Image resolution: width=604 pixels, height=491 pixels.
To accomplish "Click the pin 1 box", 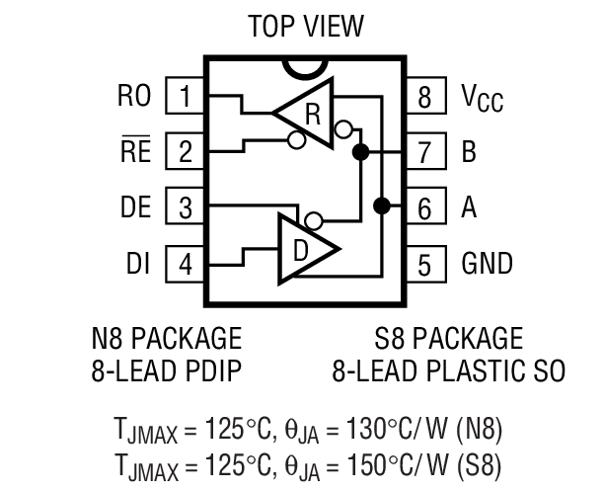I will coord(185,97).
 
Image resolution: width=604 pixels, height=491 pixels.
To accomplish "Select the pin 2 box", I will coord(185,152).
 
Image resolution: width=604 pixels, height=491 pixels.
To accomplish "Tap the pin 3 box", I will coord(185,207).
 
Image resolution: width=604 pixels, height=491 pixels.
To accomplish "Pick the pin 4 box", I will coord(185,264).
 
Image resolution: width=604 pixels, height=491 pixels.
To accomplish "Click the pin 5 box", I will coord(424,264).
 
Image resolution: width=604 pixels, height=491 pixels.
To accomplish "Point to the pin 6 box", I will coord(424,207).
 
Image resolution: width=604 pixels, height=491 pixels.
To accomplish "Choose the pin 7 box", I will coord(424,152).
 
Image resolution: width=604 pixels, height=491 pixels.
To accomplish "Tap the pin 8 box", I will coord(424,97).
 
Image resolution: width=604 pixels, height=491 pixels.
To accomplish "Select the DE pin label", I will coord(134,207).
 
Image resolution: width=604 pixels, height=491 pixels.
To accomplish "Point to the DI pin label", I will coord(137,264).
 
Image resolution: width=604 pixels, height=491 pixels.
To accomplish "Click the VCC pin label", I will coord(482,98).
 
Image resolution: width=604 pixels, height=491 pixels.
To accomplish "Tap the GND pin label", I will coord(487,264).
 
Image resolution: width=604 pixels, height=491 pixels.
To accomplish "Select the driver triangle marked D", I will coord(306,247).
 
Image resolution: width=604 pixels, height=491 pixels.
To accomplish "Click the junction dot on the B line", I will coord(360,152).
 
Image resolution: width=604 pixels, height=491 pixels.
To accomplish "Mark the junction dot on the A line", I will coord(380,206).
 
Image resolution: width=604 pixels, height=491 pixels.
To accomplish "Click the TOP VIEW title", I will coord(305,25).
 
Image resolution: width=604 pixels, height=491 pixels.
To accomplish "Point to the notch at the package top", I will coord(305,67).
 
